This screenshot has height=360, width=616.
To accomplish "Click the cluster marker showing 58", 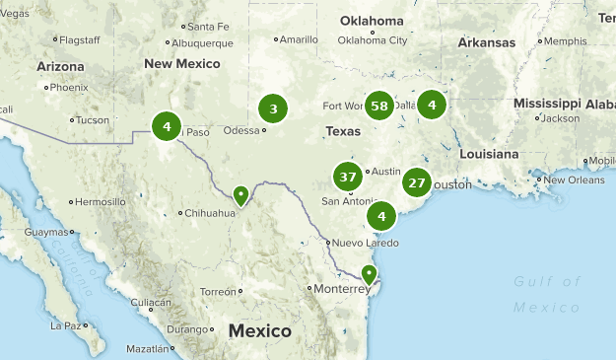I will tap(379, 105).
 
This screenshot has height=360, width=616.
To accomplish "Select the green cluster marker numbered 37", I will tap(347, 178).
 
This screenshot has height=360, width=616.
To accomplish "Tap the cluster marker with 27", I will tap(417, 182).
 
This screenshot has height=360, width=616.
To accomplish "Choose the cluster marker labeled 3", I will tap(273, 109).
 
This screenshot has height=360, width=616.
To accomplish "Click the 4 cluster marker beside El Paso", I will tap(167, 126).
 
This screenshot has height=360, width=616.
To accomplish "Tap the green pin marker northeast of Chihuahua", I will tap(240, 196).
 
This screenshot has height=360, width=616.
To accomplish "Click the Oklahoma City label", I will tap(372, 40).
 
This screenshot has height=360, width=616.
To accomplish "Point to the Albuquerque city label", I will tap(202, 43).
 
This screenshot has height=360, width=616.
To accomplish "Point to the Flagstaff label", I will tap(80, 39).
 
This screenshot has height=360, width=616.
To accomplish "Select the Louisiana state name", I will tap(489, 154).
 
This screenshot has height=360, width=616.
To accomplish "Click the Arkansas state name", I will tap(486, 42).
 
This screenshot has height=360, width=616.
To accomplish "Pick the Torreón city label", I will tap(218, 292).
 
